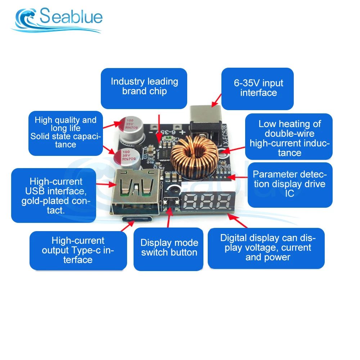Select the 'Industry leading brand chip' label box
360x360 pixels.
click(x=144, y=88)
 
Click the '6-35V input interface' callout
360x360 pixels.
click(x=258, y=88)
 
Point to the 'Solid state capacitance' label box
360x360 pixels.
click(x=65, y=133)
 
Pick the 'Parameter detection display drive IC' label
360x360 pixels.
click(x=290, y=184)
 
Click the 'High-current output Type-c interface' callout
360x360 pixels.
click(x=78, y=250)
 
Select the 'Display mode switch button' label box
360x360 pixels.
click(x=168, y=248)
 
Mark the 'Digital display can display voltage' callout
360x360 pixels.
click(x=266, y=248)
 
